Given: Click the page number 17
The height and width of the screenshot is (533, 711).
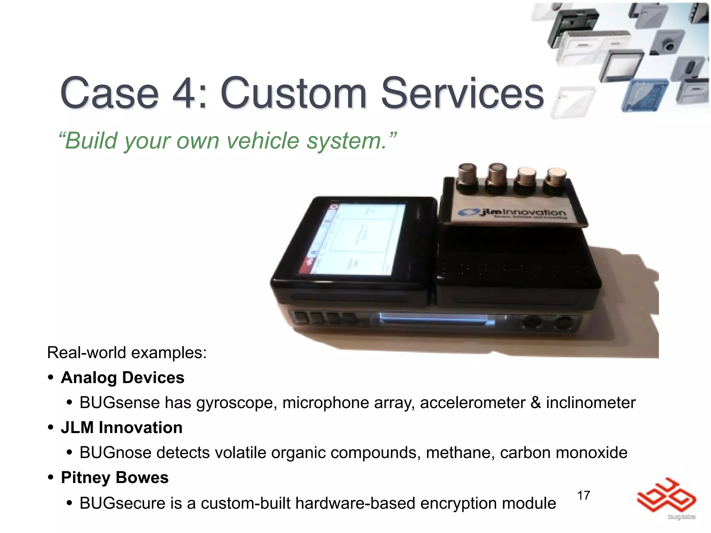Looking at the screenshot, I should [584, 496].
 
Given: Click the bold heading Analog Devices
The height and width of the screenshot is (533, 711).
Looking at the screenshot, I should [123, 378].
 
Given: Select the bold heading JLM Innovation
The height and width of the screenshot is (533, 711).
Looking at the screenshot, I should [122, 428].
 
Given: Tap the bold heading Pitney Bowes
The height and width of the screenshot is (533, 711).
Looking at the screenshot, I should [115, 477].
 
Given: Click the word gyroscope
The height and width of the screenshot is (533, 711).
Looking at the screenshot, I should [236, 403].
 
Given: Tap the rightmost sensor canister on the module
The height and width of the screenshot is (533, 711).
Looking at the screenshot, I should [555, 180].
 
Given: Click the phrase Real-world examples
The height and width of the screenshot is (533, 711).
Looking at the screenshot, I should [127, 353].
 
